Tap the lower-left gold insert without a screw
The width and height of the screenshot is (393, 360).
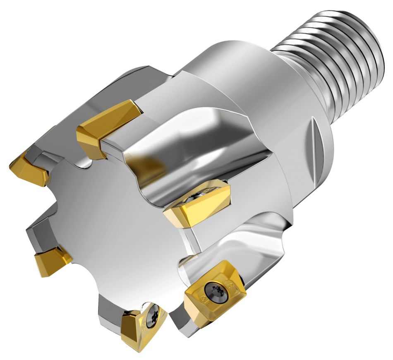pyautogui.click(x=50, y=262)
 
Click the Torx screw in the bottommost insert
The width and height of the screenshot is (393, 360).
pyautogui.click(x=152, y=318)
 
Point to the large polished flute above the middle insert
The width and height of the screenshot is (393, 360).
pyautogui.click(x=186, y=157)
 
